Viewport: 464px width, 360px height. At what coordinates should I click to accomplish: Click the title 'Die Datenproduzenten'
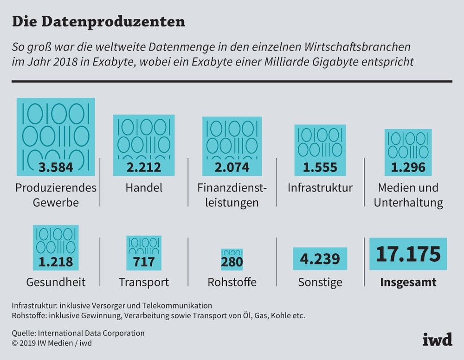point(98,21)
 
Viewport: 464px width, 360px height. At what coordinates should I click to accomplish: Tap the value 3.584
point(56,167)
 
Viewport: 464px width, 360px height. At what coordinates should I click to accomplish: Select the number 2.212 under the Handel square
point(144,167)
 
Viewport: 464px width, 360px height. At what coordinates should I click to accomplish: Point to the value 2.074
point(232,167)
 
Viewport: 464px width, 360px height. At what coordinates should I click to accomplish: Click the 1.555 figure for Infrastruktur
point(320,167)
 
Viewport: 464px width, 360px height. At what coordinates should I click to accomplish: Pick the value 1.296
point(408,167)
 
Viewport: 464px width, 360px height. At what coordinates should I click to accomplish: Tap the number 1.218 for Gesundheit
point(56,262)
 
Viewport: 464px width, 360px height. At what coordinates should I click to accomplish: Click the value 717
point(144,262)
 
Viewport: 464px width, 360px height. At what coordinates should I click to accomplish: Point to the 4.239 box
point(320,259)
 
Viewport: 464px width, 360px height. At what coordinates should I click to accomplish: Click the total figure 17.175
point(408,254)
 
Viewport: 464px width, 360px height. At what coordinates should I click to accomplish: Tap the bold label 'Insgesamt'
point(408,282)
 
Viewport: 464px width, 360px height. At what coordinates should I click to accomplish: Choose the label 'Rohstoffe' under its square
point(232,282)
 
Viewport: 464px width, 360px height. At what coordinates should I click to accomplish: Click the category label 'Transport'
point(144,282)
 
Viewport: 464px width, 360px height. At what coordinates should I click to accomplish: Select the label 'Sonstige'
point(320,282)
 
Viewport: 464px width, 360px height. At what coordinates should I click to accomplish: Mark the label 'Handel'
point(144,188)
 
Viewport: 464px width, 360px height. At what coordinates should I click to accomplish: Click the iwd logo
point(437,339)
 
